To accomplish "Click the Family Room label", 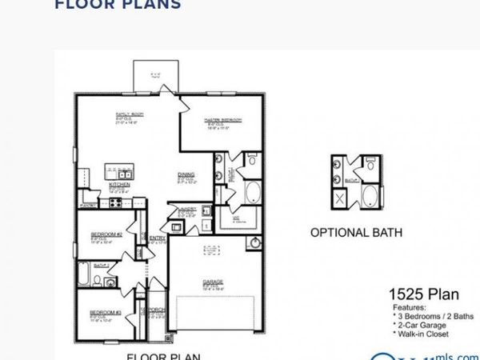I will [x=128, y=115].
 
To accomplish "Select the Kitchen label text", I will [x=120, y=184].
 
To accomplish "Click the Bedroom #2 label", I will [x=106, y=234].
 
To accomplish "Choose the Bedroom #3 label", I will [x=104, y=312].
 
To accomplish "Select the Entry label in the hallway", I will [x=157, y=237].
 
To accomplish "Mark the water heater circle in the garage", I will [x=254, y=242].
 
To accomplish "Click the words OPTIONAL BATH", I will [x=356, y=234].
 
